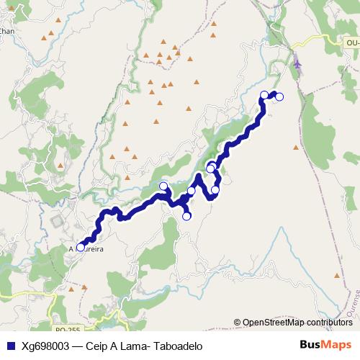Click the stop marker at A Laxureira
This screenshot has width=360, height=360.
(80, 248)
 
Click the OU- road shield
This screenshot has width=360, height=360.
(351, 43)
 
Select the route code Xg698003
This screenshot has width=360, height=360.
(48, 345)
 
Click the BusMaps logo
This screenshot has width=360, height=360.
(326, 344)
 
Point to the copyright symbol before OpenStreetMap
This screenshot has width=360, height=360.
(238, 323)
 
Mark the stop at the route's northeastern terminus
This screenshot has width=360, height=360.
(280, 96)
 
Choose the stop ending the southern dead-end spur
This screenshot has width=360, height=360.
(186, 216)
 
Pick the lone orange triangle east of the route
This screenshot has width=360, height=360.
(295, 148)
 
